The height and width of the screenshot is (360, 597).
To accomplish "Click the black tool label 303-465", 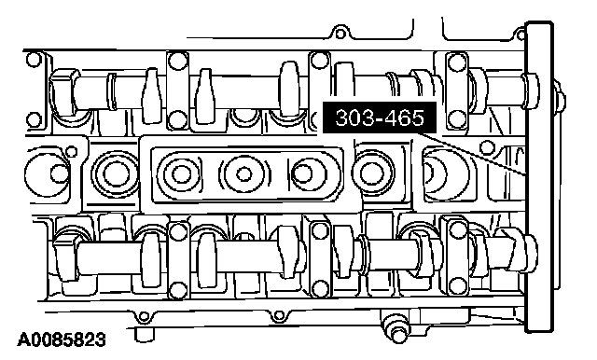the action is (x=380, y=118).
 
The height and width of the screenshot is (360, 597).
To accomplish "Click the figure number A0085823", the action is (x=62, y=339).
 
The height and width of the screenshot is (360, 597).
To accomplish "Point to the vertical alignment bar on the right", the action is (x=539, y=177).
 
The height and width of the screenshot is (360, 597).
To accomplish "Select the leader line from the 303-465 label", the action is (x=471, y=153).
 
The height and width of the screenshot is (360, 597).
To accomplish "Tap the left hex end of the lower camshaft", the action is (x=65, y=256).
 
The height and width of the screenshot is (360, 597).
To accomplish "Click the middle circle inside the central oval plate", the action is (x=243, y=174).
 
